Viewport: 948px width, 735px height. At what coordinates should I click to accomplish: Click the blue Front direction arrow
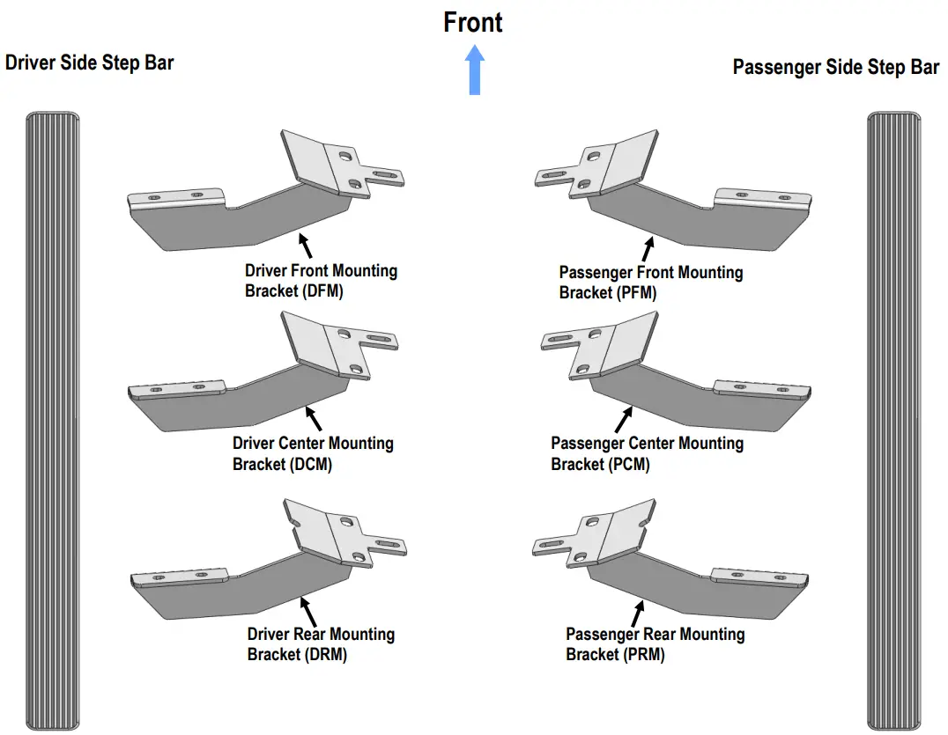[475, 70]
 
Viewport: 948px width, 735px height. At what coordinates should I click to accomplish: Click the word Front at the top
[473, 22]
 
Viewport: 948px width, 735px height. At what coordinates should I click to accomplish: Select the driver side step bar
[53, 421]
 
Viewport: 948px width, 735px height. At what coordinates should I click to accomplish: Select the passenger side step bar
[894, 421]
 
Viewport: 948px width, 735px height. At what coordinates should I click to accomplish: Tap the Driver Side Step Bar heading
[90, 62]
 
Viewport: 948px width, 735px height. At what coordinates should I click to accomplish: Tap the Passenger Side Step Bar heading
[836, 66]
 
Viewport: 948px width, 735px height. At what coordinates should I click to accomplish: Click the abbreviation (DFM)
[322, 291]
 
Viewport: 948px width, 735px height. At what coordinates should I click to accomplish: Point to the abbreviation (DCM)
[311, 465]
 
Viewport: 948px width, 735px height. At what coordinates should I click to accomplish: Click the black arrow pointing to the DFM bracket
[306, 246]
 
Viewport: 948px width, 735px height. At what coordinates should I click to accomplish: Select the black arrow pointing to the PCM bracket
[624, 420]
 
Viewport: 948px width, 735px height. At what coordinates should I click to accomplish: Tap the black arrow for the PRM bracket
[638, 614]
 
